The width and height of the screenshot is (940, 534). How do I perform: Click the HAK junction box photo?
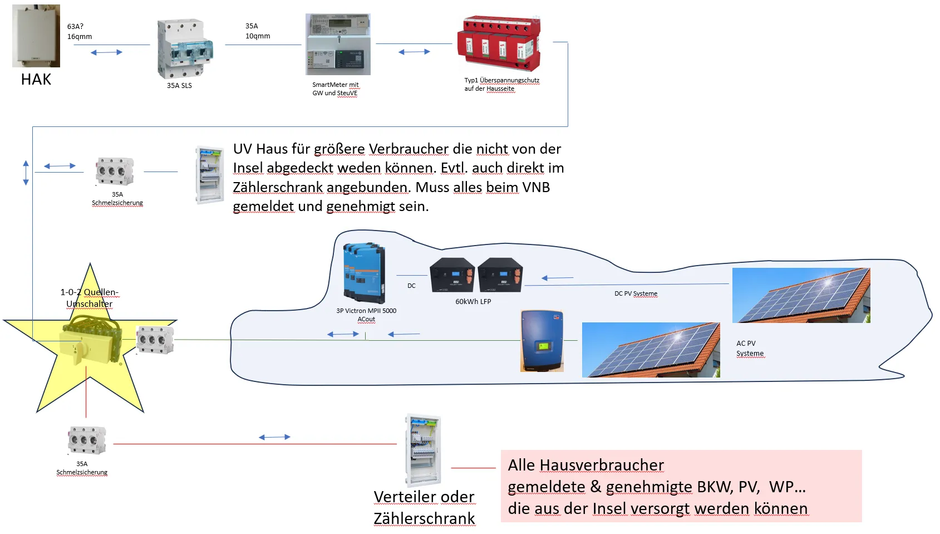click(36, 36)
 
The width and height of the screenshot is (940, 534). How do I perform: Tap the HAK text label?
click(36, 80)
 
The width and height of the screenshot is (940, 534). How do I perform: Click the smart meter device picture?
click(338, 45)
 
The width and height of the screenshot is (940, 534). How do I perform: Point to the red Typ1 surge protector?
click(499, 43)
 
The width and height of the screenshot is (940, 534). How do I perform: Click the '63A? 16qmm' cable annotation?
click(79, 31)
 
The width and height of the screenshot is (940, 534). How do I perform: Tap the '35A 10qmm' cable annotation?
click(257, 31)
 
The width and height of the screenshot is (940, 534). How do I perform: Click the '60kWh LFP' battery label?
click(473, 301)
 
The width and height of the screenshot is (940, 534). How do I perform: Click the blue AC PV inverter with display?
click(542, 341)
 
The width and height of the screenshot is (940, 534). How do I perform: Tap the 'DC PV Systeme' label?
click(636, 293)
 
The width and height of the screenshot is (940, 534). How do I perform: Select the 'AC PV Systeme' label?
click(750, 348)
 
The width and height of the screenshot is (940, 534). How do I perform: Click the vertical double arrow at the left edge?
click(26, 173)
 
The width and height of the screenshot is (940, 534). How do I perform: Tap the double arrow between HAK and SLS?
click(106, 52)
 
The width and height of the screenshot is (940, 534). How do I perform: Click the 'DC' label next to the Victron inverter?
click(411, 286)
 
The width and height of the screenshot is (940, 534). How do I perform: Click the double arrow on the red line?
click(274, 437)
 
